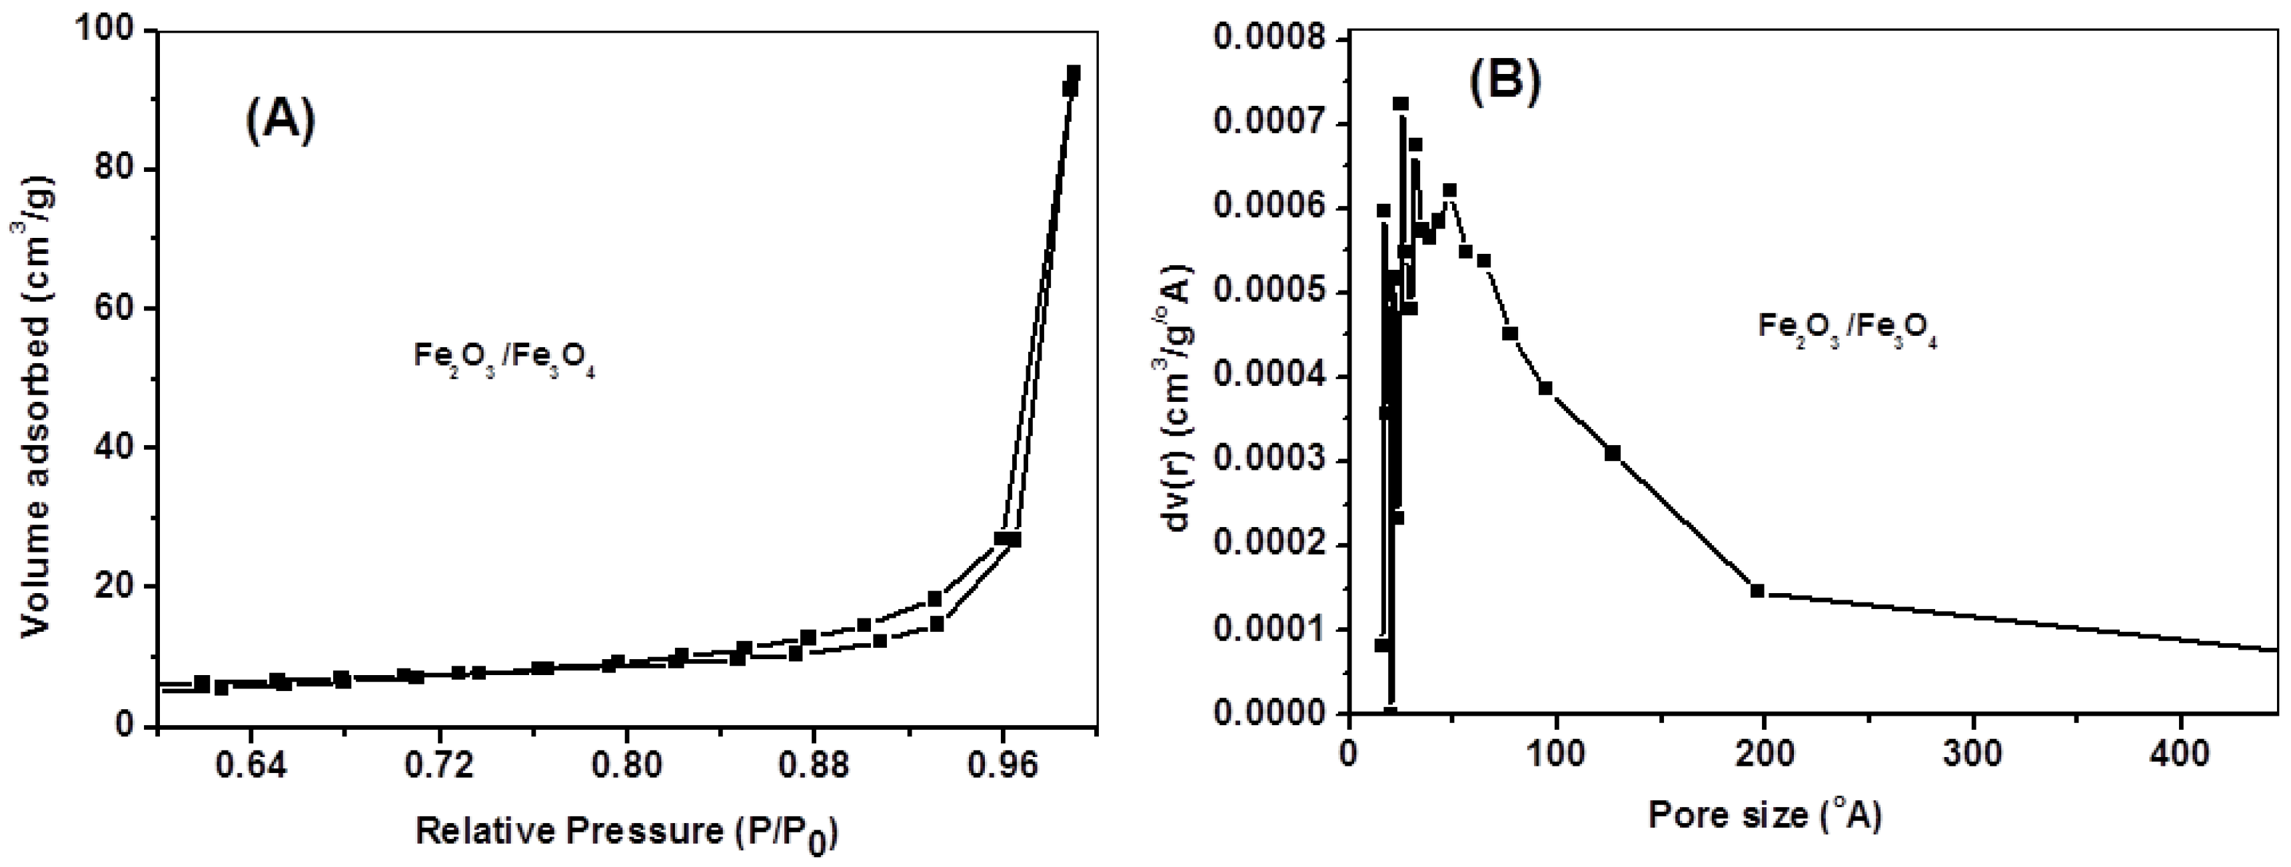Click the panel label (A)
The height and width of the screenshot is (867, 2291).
coord(280,122)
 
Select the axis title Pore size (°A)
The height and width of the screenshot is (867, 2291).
coord(1765,814)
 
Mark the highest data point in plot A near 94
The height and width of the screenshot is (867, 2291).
coord(1074,72)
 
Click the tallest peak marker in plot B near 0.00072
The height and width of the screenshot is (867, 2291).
coord(1400,104)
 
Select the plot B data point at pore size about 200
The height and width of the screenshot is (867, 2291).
coord(1757,590)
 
